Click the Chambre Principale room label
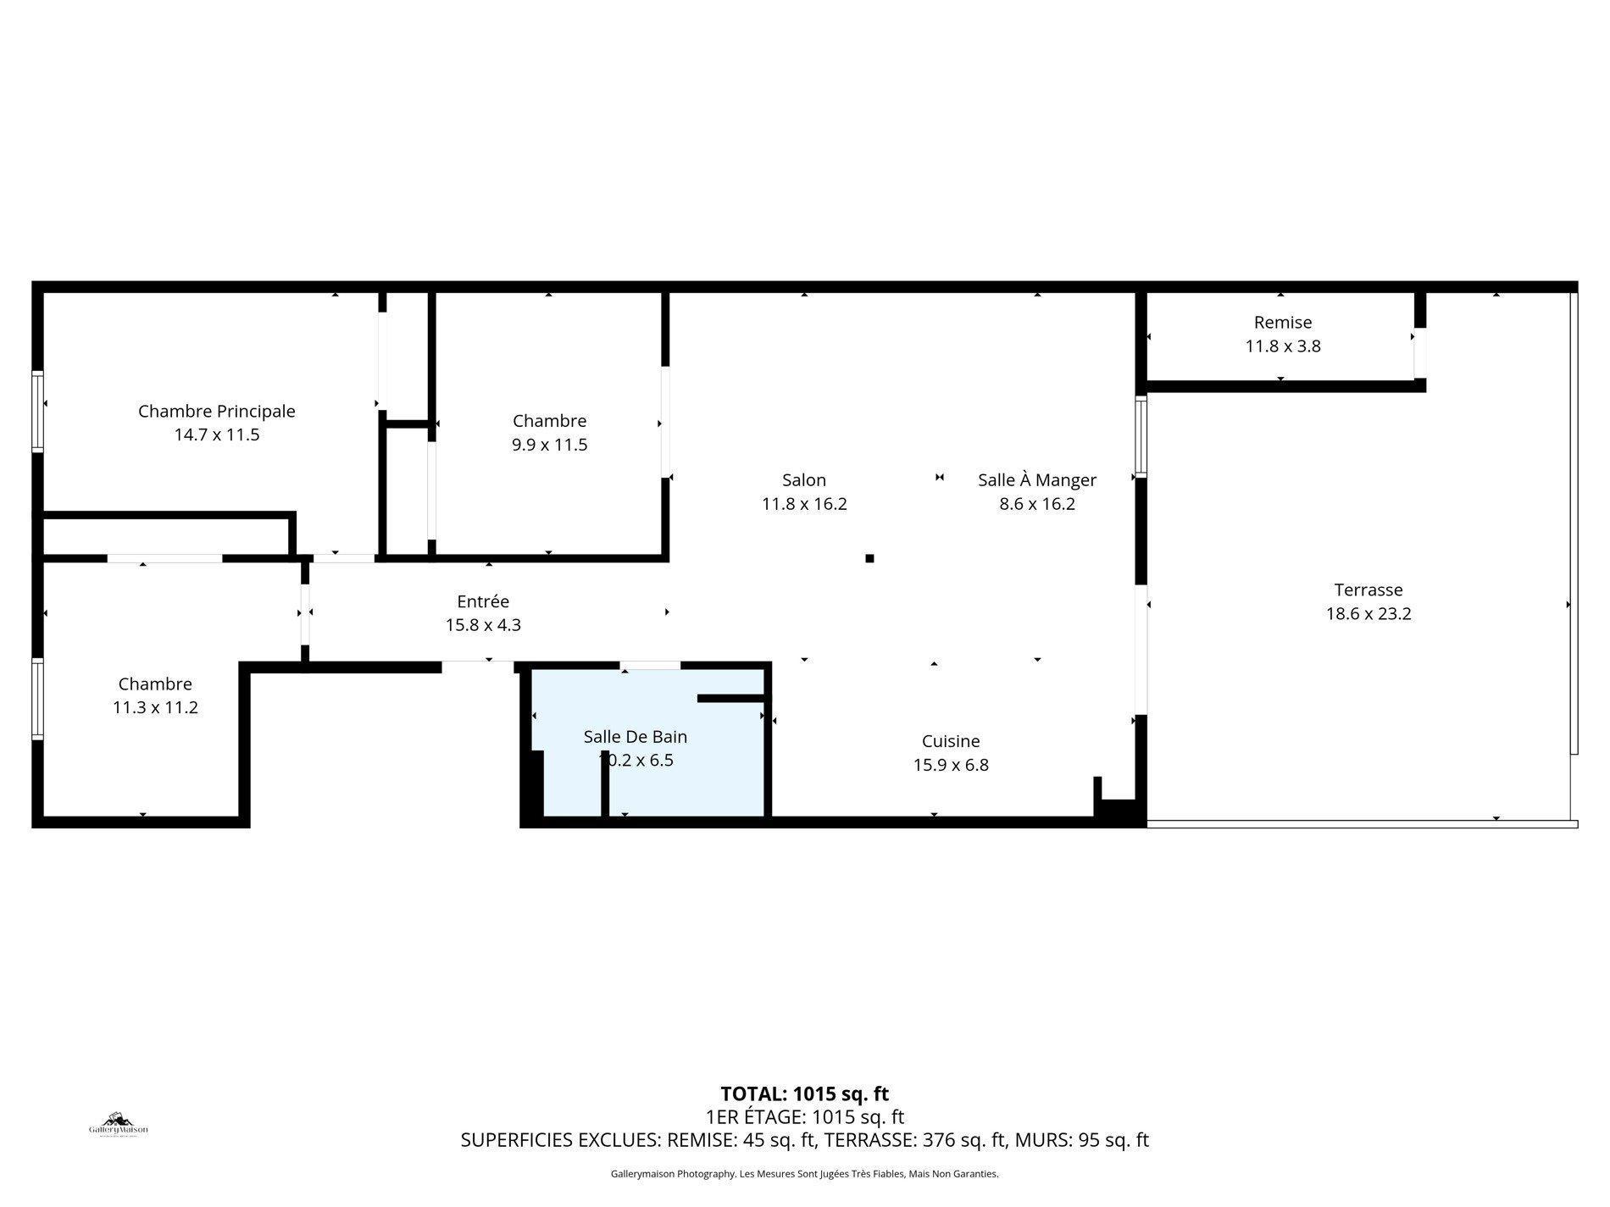[216, 412]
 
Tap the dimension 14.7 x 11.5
[216, 435]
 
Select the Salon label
[803, 480]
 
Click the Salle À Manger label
[1036, 480]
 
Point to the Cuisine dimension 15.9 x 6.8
[950, 765]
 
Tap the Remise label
[1282, 323]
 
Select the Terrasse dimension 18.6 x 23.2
[1368, 614]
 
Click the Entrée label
[482, 601]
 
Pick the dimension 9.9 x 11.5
[549, 445]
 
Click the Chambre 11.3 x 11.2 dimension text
[155, 708]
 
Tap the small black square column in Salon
[869, 558]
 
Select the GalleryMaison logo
[119, 1125]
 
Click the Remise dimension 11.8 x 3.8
[1282, 346]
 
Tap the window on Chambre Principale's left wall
[37, 411]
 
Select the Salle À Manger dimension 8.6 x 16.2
[1036, 504]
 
